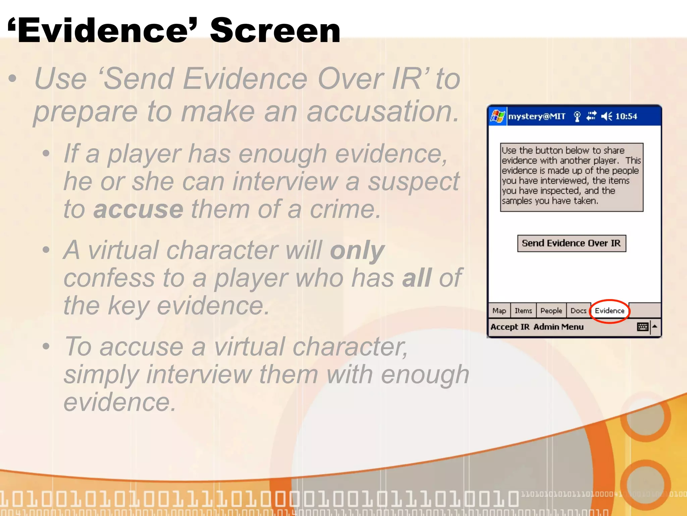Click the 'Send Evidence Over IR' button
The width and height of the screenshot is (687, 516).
pyautogui.click(x=571, y=243)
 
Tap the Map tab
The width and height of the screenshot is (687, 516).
pyautogui.click(x=499, y=311)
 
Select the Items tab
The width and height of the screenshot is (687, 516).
pyautogui.click(x=523, y=311)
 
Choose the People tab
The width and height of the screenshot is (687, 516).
pyautogui.click(x=551, y=311)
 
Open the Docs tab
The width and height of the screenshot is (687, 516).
pyautogui.click(x=578, y=311)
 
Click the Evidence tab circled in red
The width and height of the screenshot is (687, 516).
pyautogui.click(x=610, y=311)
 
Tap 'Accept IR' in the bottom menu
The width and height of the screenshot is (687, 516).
pyautogui.click(x=510, y=327)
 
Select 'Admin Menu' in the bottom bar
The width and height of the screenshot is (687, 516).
pyautogui.click(x=559, y=327)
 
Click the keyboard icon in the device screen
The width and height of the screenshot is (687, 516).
pyautogui.click(x=642, y=327)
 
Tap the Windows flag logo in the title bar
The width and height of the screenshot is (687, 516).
pyautogui.click(x=497, y=116)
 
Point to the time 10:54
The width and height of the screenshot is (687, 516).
pyautogui.click(x=626, y=116)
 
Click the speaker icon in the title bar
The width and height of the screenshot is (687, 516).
pyautogui.click(x=606, y=116)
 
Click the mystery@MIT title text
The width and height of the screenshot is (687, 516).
pyautogui.click(x=537, y=116)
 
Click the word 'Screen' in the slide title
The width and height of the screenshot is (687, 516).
pyautogui.click(x=275, y=31)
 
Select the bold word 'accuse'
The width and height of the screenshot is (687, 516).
pyautogui.click(x=138, y=209)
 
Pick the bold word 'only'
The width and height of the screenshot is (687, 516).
pyautogui.click(x=357, y=250)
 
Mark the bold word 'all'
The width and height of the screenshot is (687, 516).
pyautogui.click(x=417, y=278)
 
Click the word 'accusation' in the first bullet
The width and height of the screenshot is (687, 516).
pyautogui.click(x=382, y=112)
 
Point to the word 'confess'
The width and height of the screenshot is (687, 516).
pyautogui.click(x=109, y=278)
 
